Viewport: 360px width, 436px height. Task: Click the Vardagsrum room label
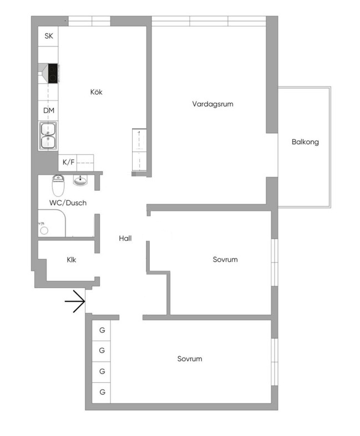tap(212, 104)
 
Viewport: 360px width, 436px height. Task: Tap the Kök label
tap(96, 92)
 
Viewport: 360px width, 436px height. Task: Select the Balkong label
tap(305, 142)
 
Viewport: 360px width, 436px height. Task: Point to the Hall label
tap(125, 239)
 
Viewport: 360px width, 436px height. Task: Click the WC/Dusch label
tap(68, 202)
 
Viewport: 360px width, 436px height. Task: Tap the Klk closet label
tap(71, 260)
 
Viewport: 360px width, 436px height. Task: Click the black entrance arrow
tap(75, 301)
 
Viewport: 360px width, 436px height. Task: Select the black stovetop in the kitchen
tap(53, 73)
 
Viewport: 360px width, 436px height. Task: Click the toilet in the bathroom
tap(58, 185)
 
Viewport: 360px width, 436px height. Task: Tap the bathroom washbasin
tap(80, 180)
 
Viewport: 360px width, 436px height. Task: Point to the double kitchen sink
tap(48, 136)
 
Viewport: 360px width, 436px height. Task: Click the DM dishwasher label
tap(49, 110)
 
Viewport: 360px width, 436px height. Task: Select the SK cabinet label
tap(49, 36)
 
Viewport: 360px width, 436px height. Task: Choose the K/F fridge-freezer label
tap(68, 162)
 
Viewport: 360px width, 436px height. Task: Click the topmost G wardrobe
tap(102, 330)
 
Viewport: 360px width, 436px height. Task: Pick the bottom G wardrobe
tap(102, 392)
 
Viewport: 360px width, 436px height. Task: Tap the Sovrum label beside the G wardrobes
tap(190, 359)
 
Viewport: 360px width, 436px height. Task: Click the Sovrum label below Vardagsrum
tap(225, 260)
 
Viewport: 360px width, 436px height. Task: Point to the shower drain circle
tap(44, 231)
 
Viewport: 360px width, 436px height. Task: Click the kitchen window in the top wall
tap(89, 21)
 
